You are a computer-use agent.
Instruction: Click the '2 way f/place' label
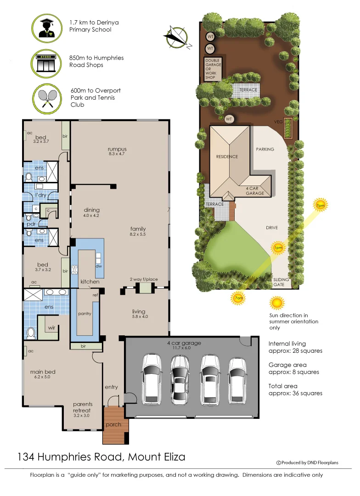click(145, 279)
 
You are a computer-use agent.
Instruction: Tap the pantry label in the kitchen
click(84, 314)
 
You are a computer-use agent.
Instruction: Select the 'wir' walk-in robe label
click(52, 328)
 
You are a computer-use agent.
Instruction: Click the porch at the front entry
click(113, 425)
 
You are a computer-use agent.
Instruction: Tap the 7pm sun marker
click(320, 205)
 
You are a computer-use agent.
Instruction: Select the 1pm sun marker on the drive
click(277, 248)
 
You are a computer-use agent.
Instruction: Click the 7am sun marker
click(238, 299)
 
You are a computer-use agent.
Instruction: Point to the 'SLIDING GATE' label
click(281, 282)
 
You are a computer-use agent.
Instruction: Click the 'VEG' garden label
click(278, 122)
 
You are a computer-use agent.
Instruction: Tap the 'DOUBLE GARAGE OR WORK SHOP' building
click(213, 69)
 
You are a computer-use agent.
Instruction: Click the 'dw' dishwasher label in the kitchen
click(98, 266)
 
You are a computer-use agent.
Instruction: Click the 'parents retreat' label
click(83, 407)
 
